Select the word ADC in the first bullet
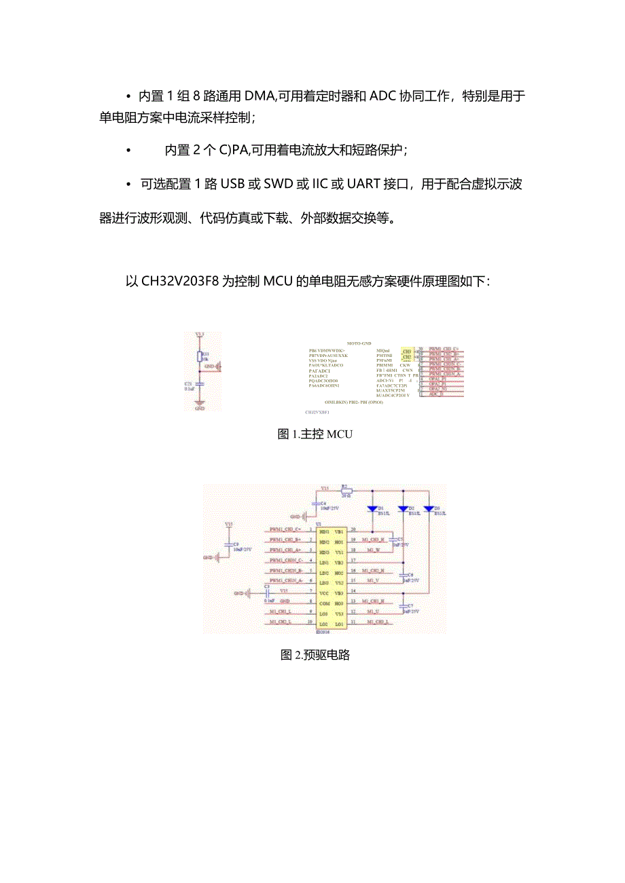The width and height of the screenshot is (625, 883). pyautogui.click(x=385, y=96)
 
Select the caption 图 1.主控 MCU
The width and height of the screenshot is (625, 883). pyautogui.click(x=315, y=434)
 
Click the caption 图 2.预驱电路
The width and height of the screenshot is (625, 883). pyautogui.click(x=315, y=655)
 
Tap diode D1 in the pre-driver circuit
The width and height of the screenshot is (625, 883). pyautogui.click(x=372, y=508)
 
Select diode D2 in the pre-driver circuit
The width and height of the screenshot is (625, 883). pyautogui.click(x=403, y=508)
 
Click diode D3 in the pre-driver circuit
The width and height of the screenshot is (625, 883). pyautogui.click(x=429, y=508)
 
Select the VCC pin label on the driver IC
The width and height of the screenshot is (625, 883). pyautogui.click(x=324, y=593)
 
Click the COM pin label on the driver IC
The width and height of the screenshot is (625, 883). pyautogui.click(x=324, y=603)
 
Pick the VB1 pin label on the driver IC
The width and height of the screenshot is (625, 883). pyautogui.click(x=339, y=531)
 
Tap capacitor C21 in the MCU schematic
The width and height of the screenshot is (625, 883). pyautogui.click(x=199, y=385)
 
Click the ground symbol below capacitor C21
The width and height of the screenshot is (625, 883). pyautogui.click(x=200, y=405)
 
